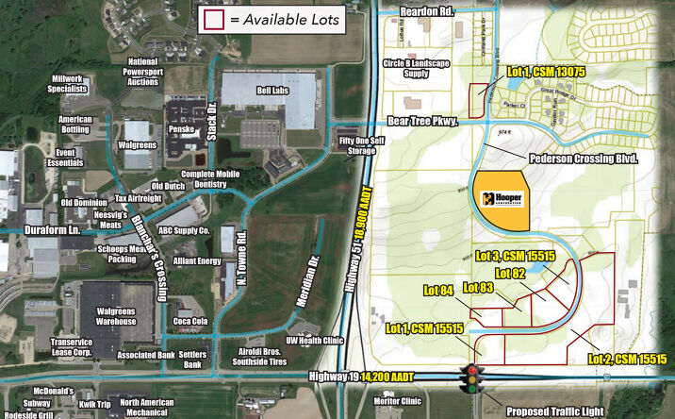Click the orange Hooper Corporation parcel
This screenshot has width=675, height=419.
coord(500,199)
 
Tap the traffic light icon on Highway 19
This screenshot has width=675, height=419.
coord(469,378)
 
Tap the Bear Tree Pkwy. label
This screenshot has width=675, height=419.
coord(422,121)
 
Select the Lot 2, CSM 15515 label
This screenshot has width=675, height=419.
coord(627,360)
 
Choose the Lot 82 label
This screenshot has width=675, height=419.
coord(510,273)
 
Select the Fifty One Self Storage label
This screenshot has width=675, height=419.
coord(351,145)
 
